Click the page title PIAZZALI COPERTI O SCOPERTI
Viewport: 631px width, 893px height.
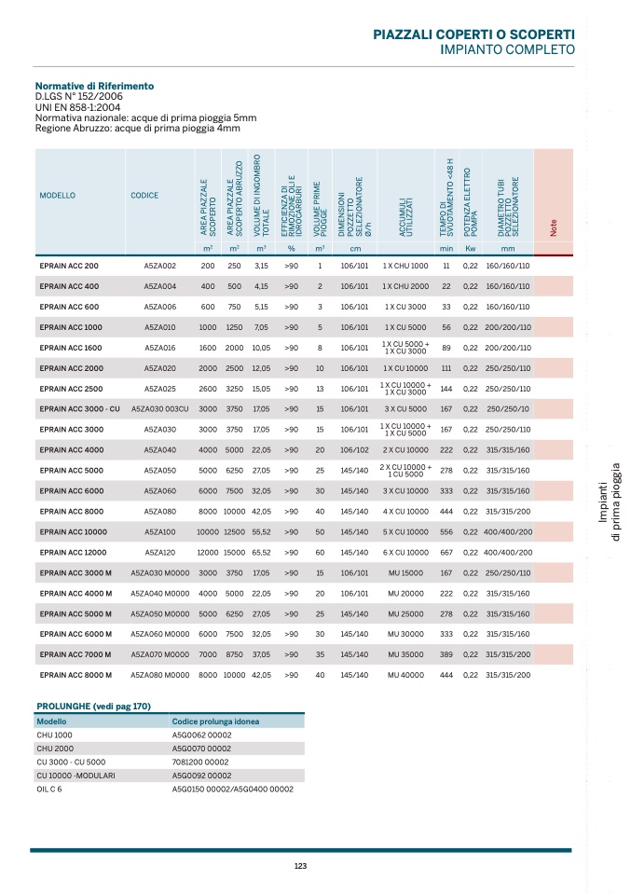click(x=473, y=34)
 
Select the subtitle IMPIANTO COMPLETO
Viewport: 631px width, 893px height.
click(x=507, y=49)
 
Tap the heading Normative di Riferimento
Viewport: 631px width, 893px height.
click(x=94, y=86)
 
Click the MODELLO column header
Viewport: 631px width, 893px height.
click(x=58, y=196)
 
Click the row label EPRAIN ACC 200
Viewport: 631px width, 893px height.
click(x=69, y=267)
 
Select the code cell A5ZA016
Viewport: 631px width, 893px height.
click(x=159, y=348)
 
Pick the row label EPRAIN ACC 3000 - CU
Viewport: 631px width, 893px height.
click(x=79, y=409)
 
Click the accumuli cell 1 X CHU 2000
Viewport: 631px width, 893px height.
click(x=405, y=287)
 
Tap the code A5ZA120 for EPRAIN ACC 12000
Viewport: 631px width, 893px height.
click(x=159, y=553)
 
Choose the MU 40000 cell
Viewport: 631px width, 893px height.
click(x=405, y=675)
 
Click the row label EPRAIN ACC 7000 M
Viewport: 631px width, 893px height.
click(x=75, y=654)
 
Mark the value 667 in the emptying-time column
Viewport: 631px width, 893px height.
click(x=446, y=553)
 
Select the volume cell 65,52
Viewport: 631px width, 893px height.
click(x=261, y=553)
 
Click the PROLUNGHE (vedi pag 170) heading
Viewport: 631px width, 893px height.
click(x=93, y=707)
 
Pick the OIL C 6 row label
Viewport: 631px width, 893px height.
click(x=49, y=789)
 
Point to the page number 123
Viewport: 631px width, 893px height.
click(x=300, y=867)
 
